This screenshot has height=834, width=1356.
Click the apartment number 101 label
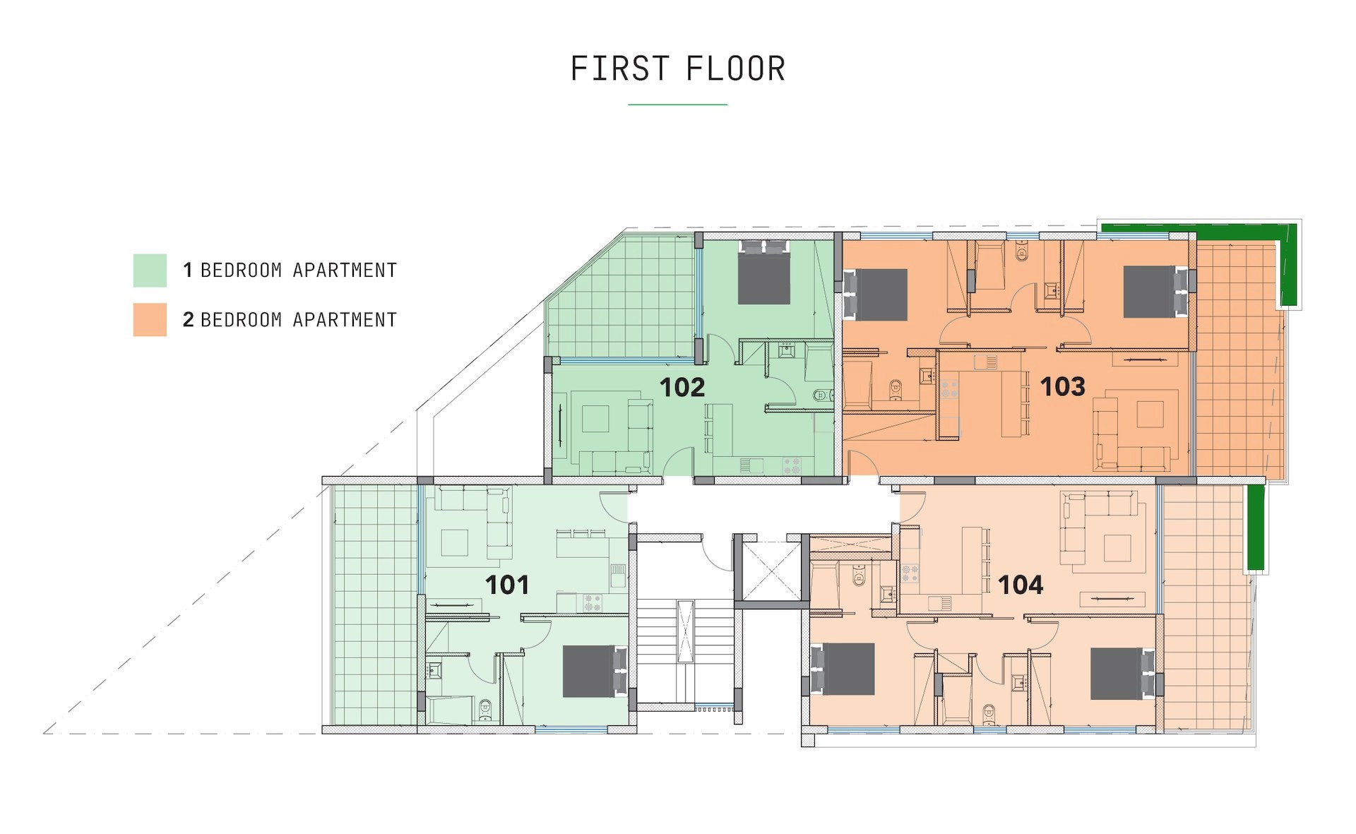[507, 585]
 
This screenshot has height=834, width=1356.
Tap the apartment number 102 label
[682, 387]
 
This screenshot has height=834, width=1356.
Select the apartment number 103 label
[1062, 386]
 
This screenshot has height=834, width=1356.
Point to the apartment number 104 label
[1021, 585]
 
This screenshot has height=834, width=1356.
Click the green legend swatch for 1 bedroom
[150, 270]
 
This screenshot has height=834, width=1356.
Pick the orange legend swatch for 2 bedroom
[150, 320]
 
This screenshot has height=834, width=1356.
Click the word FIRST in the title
[619, 69]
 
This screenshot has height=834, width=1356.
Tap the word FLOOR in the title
[736, 69]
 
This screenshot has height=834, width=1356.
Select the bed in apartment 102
[764, 273]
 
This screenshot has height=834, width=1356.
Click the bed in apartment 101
[595, 671]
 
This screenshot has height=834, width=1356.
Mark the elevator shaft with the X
[768, 570]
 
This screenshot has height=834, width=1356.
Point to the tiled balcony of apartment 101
[374, 605]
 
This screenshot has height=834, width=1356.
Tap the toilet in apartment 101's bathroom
[484, 709]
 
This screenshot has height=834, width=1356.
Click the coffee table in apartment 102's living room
[595, 418]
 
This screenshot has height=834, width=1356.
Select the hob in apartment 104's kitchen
[909, 572]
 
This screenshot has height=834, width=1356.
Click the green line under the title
[677, 105]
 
